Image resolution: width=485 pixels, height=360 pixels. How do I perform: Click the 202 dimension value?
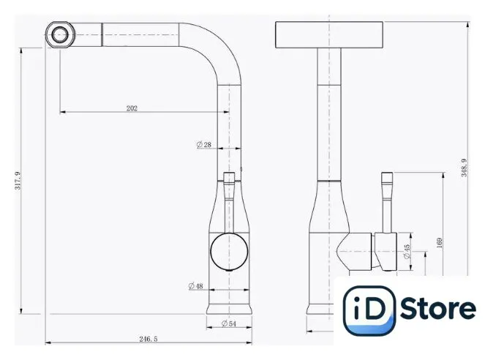(132, 108)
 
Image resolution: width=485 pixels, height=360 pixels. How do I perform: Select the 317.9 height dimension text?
(18, 181)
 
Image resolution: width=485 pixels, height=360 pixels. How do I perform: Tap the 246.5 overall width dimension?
(148, 339)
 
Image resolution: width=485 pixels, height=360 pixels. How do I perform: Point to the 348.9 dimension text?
(464, 168)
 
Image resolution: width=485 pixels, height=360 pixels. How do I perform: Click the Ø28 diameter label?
(204, 144)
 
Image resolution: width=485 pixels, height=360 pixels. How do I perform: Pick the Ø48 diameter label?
(196, 286)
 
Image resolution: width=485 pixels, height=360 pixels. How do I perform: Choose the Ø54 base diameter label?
(229, 323)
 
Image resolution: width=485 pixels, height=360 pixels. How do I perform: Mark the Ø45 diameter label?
(407, 252)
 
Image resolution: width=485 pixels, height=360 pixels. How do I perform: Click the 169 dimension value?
(439, 242)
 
